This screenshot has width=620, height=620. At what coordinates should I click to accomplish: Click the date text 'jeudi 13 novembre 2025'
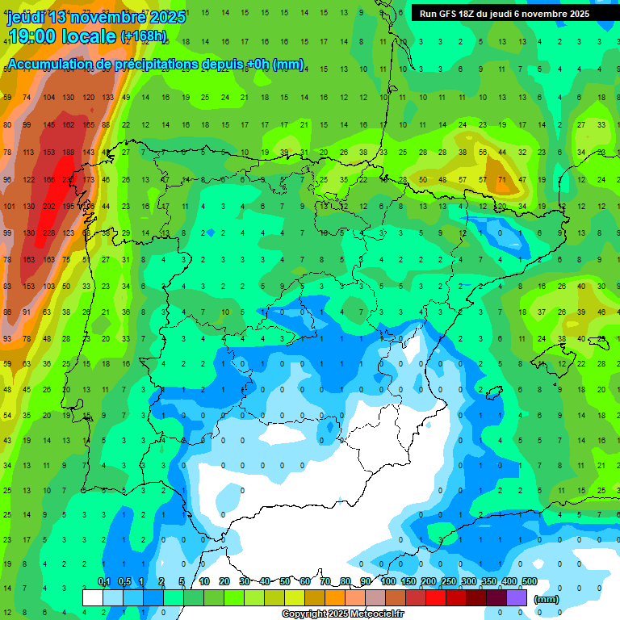point(96,17)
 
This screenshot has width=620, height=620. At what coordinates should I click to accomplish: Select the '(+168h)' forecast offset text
point(143,36)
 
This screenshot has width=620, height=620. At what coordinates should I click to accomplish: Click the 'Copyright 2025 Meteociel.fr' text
point(342,614)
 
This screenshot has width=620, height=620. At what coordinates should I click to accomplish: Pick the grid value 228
point(48,233)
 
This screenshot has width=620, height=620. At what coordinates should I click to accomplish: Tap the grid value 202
point(48,207)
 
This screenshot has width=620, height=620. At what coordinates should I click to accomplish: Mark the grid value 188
point(69,152)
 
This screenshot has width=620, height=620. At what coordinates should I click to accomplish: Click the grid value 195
point(69,207)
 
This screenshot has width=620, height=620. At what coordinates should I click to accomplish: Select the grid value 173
point(88,179)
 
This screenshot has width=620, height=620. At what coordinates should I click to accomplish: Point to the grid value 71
point(502,179)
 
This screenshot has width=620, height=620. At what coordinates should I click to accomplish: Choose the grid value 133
point(107,98)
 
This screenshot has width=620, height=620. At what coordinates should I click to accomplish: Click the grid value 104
point(48,98)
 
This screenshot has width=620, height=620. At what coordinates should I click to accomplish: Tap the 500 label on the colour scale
point(530,581)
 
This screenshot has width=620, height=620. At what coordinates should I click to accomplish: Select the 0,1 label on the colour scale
point(103,581)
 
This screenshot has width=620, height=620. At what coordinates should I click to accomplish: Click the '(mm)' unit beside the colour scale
point(547,599)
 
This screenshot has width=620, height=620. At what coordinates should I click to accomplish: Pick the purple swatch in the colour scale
point(517,597)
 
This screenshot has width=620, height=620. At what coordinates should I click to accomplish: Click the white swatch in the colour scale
point(93,597)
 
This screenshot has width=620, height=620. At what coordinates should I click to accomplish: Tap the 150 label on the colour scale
point(408,581)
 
